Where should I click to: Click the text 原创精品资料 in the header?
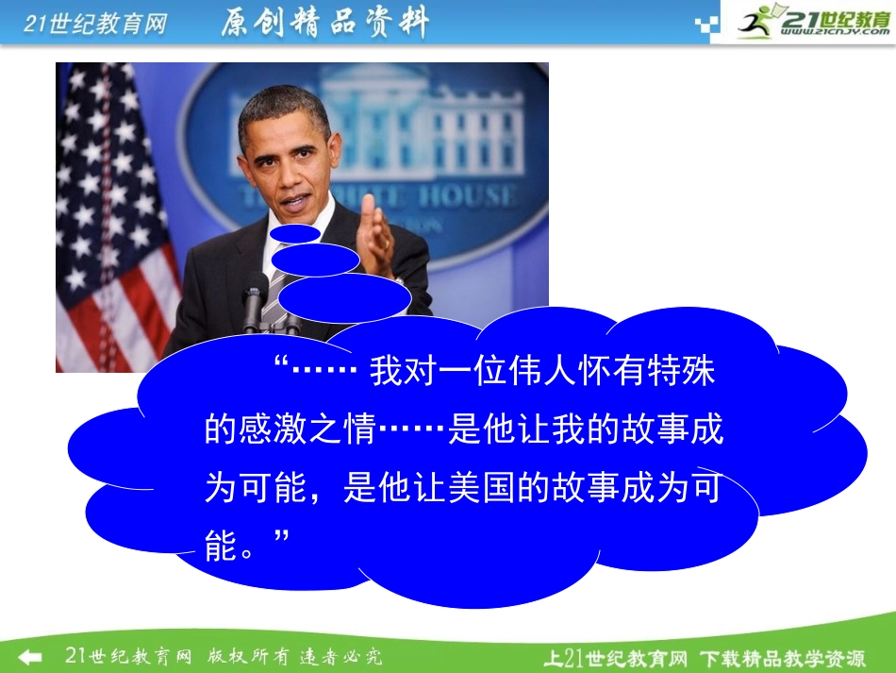coord(324,24)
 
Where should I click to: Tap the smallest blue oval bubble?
coord(296,234)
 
